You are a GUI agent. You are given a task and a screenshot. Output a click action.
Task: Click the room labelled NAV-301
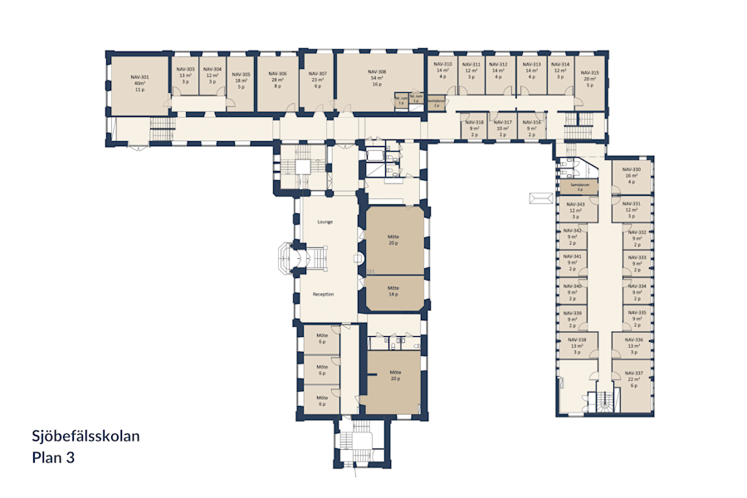pyautogui.click(x=139, y=82)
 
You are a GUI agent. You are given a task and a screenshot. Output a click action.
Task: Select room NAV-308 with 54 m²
pyautogui.click(x=377, y=78)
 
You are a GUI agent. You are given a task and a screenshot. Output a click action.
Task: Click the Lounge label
pyautogui.click(x=325, y=222)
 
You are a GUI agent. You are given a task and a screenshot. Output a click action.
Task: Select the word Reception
pyautogui.click(x=324, y=294)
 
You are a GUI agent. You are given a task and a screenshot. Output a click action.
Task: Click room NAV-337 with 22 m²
pyautogui.click(x=634, y=378)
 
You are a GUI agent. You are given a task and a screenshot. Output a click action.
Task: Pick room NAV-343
pyautogui.click(x=575, y=210)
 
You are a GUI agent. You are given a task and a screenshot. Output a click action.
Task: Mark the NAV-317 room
pyautogui.click(x=503, y=128)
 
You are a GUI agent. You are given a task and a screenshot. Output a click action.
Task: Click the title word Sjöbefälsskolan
pyautogui.click(x=85, y=437)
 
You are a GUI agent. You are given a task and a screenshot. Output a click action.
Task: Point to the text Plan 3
pyautogui.click(x=54, y=456)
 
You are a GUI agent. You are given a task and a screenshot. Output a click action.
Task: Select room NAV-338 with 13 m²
pyautogui.click(x=577, y=344)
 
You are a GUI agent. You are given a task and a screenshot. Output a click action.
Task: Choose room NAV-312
pyautogui.click(x=498, y=70)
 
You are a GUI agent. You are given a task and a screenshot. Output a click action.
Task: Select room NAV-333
pyautogui.click(x=637, y=262)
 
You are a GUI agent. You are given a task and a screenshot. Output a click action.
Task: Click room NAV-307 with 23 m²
pyautogui.click(x=318, y=79)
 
